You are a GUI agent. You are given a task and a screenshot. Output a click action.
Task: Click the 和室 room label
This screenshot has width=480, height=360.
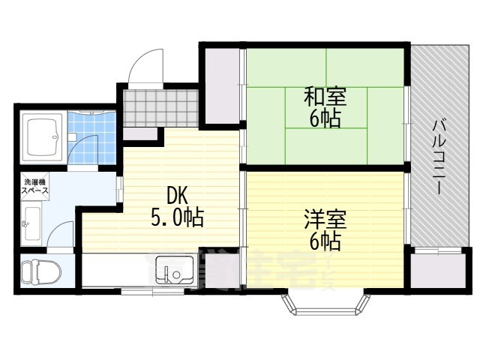(x=325, y=97)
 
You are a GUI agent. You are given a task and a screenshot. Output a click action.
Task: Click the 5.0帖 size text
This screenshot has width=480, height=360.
(x=177, y=219)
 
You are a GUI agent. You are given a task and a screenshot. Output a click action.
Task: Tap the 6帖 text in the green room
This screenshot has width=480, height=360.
(x=325, y=118)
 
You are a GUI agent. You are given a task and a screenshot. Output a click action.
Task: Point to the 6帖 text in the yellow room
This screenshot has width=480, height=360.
(x=325, y=241)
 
